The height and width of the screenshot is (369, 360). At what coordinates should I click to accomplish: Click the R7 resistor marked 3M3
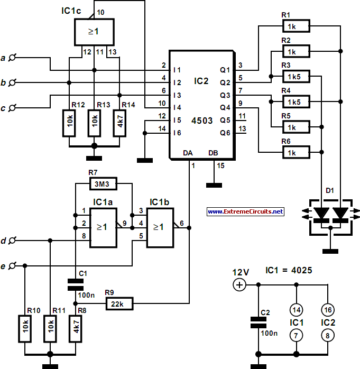(103, 184)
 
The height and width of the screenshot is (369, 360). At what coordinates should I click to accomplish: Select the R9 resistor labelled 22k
(119, 303)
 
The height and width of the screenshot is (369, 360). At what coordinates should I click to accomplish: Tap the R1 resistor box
(296, 26)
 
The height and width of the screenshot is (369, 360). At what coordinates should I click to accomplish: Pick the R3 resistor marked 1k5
(296, 76)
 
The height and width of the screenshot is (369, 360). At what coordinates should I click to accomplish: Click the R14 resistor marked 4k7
(119, 123)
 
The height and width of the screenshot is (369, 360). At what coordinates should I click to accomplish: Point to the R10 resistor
(25, 329)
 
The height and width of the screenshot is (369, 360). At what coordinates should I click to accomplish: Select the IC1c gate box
(94, 32)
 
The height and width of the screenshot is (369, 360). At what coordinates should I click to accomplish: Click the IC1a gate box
(103, 228)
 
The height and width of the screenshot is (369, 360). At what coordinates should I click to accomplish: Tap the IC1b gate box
(160, 228)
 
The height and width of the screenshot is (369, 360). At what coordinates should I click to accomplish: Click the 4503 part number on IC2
(202, 121)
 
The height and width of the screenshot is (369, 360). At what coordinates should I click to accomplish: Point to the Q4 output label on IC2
(225, 108)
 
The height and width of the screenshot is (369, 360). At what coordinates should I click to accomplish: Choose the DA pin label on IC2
(188, 153)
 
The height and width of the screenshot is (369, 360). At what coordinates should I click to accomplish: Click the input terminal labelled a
(12, 58)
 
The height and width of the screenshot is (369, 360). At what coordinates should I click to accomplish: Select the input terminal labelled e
(12, 266)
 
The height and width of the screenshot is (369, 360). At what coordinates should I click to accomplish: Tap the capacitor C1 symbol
(75, 285)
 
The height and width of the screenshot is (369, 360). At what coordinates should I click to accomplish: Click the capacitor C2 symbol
(259, 322)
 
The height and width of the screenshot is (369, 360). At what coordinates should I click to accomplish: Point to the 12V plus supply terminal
(239, 285)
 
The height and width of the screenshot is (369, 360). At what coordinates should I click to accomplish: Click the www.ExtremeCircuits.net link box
(245, 211)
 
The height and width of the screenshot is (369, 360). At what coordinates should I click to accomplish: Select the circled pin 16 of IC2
(328, 310)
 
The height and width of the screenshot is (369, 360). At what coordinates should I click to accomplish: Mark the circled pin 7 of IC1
(296, 336)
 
